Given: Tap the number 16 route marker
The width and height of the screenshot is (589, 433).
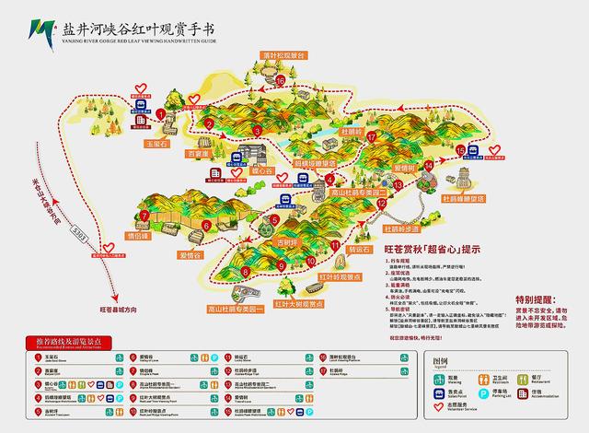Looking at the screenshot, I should pyautogui.click(x=280, y=81).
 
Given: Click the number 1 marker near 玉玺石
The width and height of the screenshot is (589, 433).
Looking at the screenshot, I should pyautogui.click(x=161, y=115).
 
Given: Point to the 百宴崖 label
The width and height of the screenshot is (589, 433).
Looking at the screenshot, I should pyautogui.click(x=200, y=156).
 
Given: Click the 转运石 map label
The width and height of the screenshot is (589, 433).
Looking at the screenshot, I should pyautogui.click(x=360, y=249).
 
